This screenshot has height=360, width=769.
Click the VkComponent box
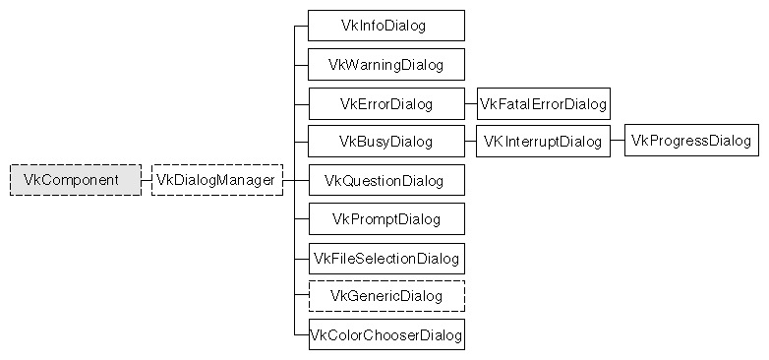76,180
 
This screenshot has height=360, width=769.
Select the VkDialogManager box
216,180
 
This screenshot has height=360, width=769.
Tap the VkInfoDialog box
385,26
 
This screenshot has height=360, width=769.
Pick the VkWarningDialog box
385,65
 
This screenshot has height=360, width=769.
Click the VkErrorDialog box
385,103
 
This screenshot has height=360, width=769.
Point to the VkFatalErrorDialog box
543,103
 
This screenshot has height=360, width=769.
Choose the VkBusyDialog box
385,142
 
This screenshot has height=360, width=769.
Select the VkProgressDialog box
690,142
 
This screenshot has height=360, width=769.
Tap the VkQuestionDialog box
385,181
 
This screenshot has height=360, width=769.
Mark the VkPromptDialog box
385,218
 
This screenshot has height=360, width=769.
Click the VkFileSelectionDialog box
385,258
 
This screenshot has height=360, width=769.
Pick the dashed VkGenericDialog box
385,296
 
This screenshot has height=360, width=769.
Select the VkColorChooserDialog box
385,334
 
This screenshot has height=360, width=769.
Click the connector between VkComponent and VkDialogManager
147,180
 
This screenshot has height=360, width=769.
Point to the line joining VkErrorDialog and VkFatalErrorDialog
470,103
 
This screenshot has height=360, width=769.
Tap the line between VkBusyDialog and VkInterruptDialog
470,142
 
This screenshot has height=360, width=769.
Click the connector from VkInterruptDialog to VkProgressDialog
617,142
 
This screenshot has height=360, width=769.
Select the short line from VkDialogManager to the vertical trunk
288,180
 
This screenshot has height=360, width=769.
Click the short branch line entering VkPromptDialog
301,218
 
